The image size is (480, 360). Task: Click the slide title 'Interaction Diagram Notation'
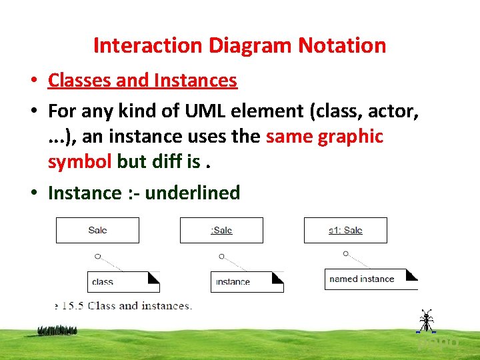click(x=239, y=45)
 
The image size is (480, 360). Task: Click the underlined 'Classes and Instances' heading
click(x=142, y=81)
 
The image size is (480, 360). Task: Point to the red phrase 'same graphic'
click(x=324, y=137)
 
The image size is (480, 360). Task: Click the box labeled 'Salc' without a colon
click(x=97, y=230)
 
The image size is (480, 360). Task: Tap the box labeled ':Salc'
click(x=221, y=230)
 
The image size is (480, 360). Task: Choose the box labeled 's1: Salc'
click(x=345, y=230)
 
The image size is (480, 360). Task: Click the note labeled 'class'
click(x=123, y=281)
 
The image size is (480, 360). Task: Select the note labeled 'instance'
click(x=247, y=281)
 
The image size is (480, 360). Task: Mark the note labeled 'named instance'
click(x=371, y=279)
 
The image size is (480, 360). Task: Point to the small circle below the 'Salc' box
click(x=97, y=255)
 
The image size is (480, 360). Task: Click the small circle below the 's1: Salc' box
click(x=345, y=253)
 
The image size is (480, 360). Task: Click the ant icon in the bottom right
click(x=425, y=321)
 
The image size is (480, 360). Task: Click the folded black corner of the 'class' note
click(x=153, y=277)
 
